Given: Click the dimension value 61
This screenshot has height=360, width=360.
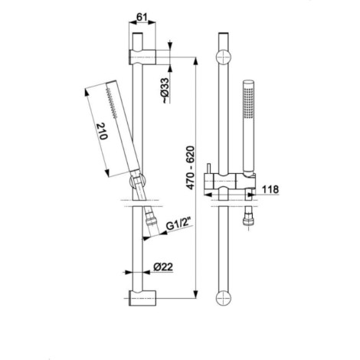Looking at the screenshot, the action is [x=142, y=18].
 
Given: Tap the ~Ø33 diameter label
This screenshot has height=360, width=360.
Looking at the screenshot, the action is [x=165, y=90].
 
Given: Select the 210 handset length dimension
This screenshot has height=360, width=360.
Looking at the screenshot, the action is [x=102, y=131].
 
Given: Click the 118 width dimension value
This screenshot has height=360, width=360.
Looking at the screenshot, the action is [x=270, y=189].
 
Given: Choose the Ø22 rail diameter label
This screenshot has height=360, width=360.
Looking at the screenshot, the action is [x=163, y=267].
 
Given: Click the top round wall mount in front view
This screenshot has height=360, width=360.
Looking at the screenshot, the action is [x=224, y=57].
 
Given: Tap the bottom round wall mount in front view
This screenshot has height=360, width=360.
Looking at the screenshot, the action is [x=224, y=298].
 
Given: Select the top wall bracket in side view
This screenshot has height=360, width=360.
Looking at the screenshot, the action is [x=142, y=57].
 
